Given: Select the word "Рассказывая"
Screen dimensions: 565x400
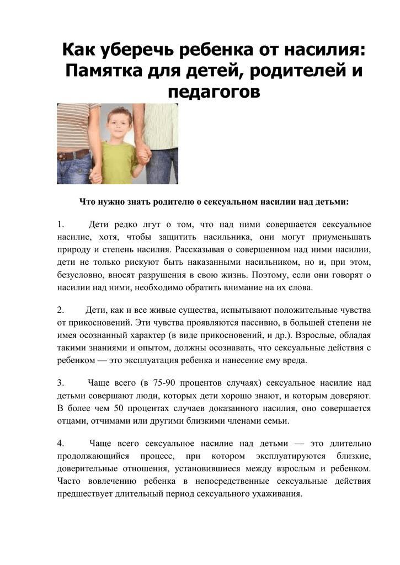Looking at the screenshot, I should (198, 249).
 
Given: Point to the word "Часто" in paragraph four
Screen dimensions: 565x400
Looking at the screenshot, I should (70, 481).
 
